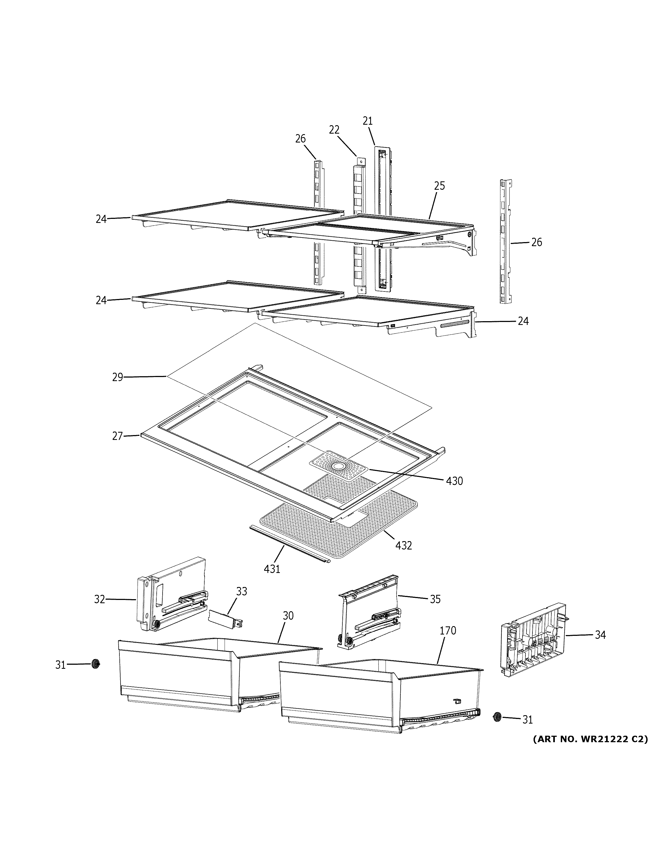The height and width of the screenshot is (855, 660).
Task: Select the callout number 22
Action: click(x=334, y=130)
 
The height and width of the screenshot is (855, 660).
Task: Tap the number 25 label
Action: click(x=439, y=186)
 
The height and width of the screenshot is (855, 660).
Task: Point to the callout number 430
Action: click(x=454, y=481)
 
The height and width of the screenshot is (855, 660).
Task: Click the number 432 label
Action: click(x=404, y=545)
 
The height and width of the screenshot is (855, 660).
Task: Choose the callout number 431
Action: click(x=272, y=569)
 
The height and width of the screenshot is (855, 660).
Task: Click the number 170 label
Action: click(x=448, y=631)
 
